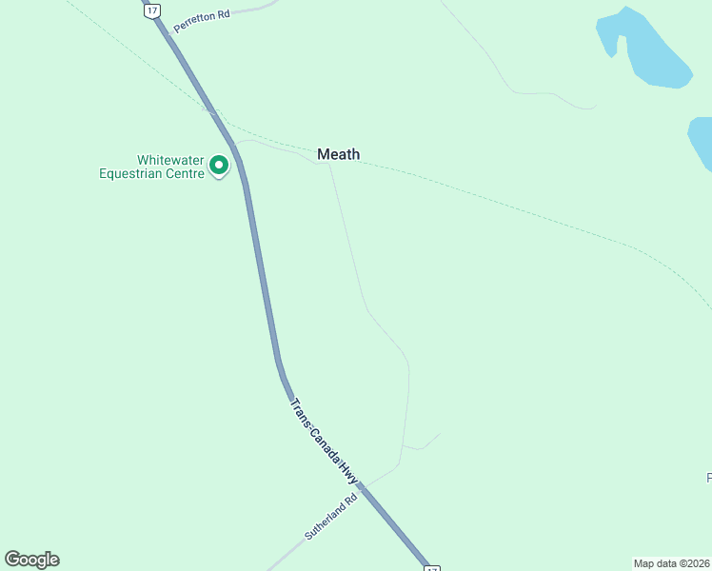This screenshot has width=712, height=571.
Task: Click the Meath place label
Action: coord(338,154)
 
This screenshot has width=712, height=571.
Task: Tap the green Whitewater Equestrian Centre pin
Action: coord(219,166)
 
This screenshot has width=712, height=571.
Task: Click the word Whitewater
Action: coord(170,160)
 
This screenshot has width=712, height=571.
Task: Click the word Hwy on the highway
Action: coord(347,476)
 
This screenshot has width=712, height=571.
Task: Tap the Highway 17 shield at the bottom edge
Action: coord(431,567)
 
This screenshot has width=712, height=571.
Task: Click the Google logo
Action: coord(31,560)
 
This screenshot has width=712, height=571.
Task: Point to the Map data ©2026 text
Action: coord(671,563)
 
